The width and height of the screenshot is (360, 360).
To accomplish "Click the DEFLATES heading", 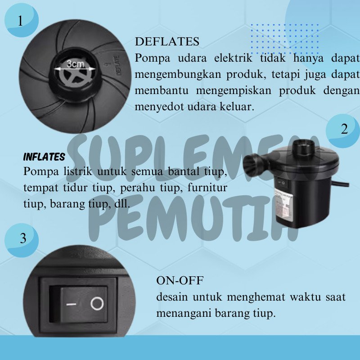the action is [167, 41].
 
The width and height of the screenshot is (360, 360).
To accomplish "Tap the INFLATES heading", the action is [44, 157].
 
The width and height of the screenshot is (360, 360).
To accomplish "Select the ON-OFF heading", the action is [180, 280].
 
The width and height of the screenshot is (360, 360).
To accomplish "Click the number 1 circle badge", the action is [21, 20].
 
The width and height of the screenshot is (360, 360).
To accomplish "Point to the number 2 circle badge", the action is [343, 130].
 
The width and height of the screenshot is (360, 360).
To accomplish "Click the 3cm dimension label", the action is [75, 64].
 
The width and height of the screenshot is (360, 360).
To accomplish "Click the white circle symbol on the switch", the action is [97, 303].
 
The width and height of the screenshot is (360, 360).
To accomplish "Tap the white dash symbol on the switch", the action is [71, 305].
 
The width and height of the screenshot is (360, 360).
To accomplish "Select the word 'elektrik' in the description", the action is [233, 58].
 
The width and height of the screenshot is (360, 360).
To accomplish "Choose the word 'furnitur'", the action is [207, 188].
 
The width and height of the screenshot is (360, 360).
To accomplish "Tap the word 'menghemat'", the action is [256, 297].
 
